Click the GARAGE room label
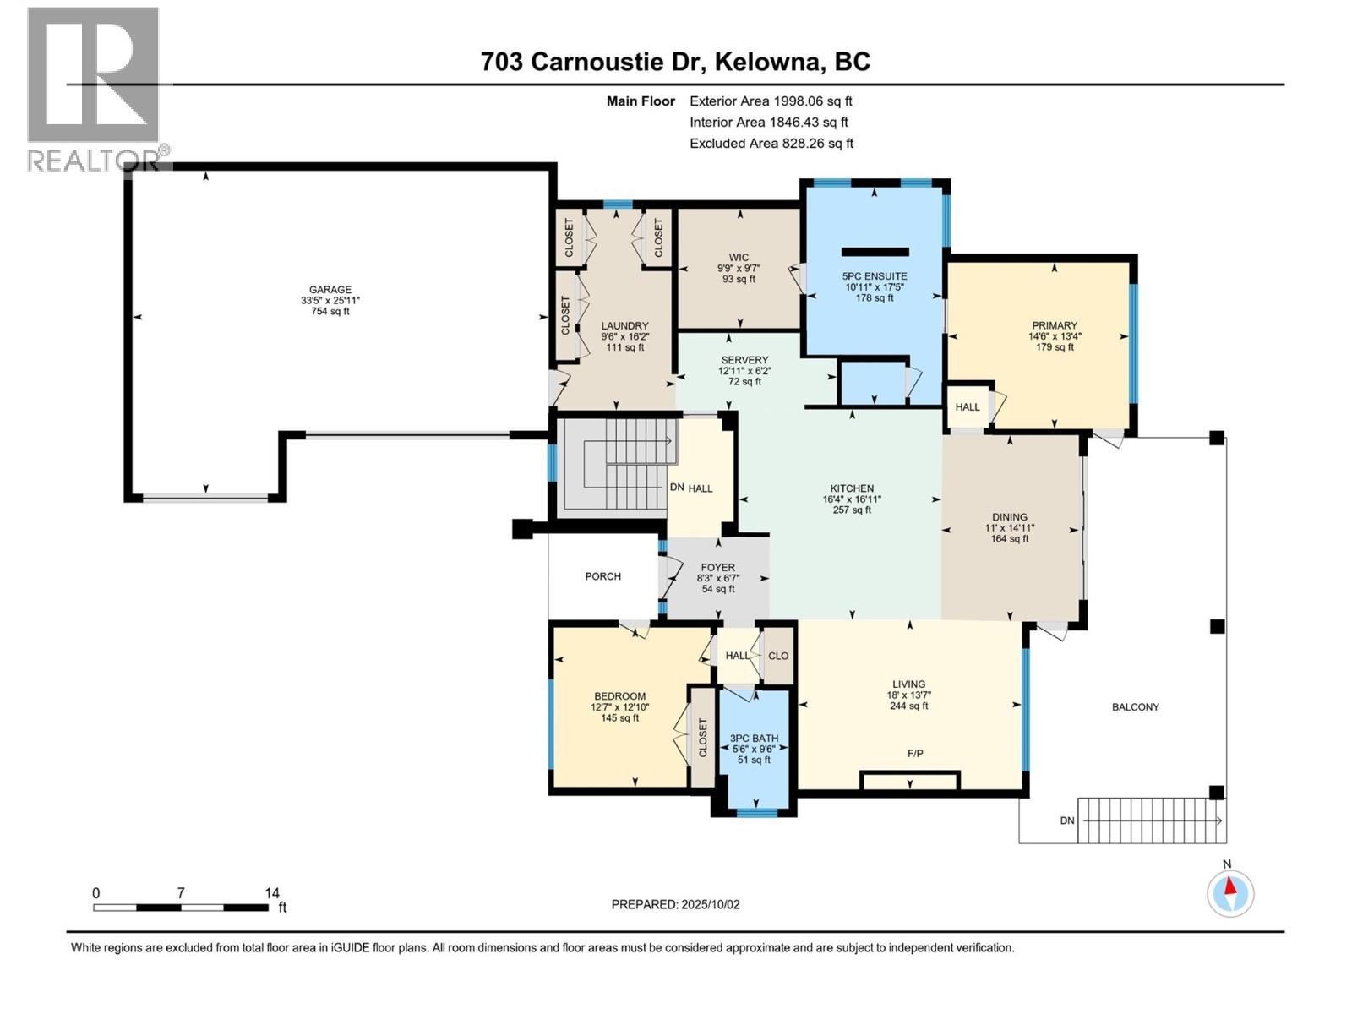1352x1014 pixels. point(330,290)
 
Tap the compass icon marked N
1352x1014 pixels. point(1230,892)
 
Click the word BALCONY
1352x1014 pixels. point(1135,706)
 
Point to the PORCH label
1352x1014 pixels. point(602,576)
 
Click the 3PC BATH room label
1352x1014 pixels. point(754,738)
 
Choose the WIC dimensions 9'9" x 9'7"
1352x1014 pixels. point(739,269)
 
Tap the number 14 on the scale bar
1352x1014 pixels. point(271,892)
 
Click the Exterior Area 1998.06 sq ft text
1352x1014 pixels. point(771,101)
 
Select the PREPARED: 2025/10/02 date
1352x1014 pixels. point(675,904)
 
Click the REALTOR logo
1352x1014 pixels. point(93,89)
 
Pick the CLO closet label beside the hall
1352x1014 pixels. point(778,656)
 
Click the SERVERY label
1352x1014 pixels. point(744,360)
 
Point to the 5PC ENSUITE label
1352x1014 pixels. point(874,276)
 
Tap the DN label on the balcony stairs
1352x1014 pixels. point(1067,820)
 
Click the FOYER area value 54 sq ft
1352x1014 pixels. point(718,589)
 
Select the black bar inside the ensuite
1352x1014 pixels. point(875,252)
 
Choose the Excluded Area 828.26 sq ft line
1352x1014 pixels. point(771,143)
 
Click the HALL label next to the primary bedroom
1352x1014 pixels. point(967,407)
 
